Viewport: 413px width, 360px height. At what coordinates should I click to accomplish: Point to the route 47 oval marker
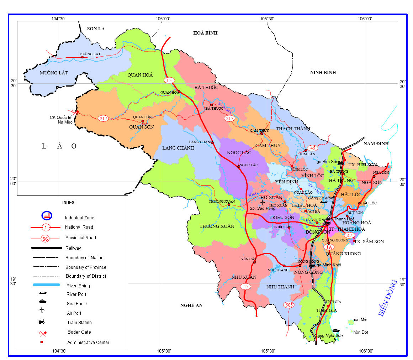pos(349,235)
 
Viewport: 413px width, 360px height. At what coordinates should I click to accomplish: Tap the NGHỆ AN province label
pos(191,305)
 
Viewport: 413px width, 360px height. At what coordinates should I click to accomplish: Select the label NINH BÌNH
pos(323,72)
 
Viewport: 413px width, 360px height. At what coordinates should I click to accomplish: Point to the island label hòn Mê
pos(359,319)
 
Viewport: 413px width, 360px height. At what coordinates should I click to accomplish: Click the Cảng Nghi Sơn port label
pos(329,336)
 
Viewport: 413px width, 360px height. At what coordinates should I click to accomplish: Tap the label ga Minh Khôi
pos(329,265)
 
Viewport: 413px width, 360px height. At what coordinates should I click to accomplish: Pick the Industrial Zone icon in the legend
pos(47,215)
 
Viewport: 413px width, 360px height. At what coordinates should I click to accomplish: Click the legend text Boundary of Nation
pos(84,257)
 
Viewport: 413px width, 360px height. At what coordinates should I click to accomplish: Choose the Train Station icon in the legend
pos(42,322)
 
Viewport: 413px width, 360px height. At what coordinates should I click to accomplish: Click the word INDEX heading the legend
pos(68,202)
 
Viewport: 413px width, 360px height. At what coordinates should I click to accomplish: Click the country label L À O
pos(59,146)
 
